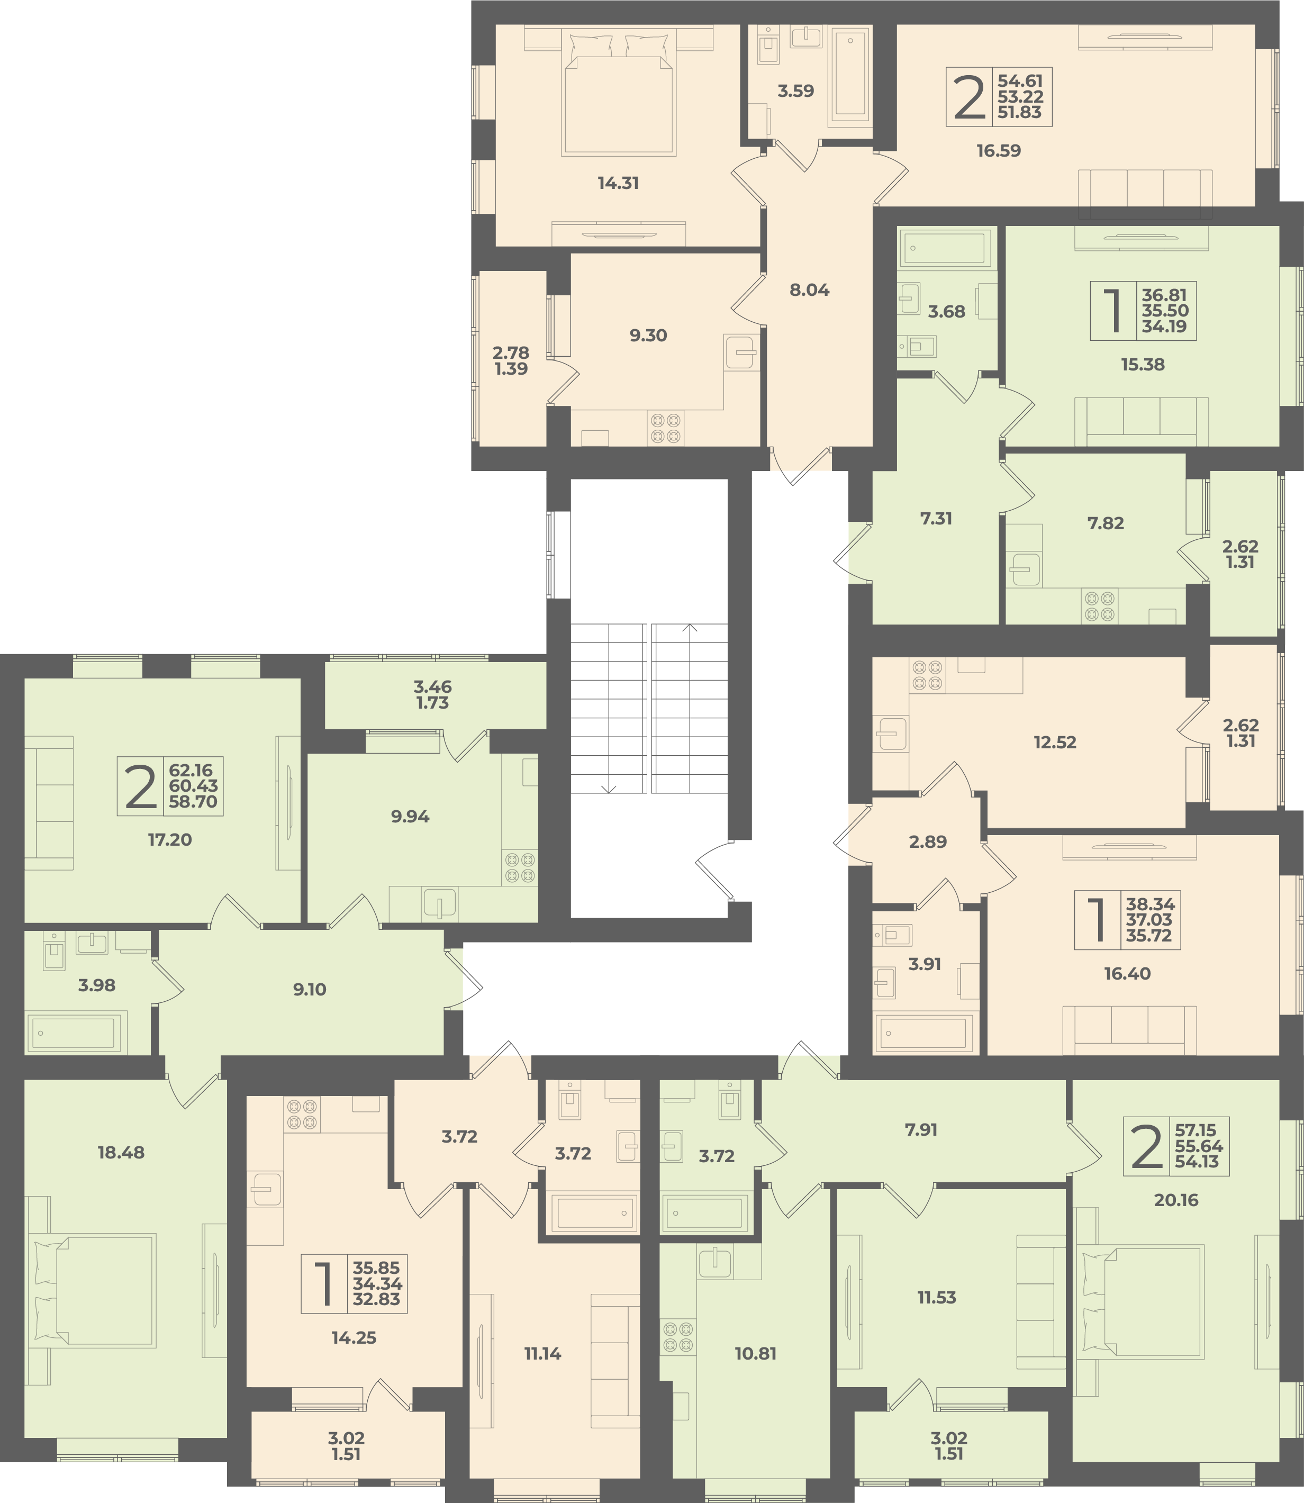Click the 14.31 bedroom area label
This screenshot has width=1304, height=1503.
(x=619, y=183)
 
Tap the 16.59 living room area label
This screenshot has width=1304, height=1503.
(x=998, y=151)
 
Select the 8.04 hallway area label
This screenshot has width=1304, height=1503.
(x=809, y=289)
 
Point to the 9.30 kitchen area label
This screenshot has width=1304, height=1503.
(x=648, y=336)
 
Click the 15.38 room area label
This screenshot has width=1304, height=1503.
(x=1143, y=365)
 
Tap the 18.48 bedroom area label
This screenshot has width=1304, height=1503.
(x=121, y=1152)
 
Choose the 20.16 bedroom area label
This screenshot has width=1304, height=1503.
(x=1176, y=1200)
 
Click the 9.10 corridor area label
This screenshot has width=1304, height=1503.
(x=309, y=990)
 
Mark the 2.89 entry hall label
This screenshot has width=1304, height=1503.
(x=928, y=841)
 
